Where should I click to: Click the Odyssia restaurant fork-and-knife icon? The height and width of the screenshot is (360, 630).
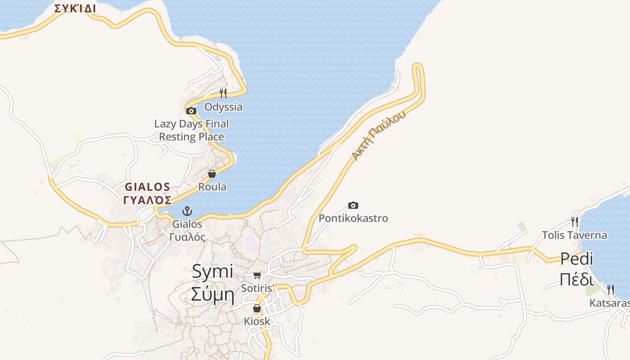(x=223, y=93)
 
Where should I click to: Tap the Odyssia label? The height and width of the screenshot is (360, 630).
(x=223, y=107)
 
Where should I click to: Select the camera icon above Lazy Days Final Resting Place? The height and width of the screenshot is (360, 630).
(x=191, y=111)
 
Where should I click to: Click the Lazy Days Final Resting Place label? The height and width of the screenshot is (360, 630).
(x=192, y=130)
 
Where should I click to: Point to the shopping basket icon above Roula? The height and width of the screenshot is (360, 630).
(x=212, y=174)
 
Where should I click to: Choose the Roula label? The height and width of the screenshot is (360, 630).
(x=212, y=187)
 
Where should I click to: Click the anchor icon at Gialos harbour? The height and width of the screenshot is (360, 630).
(x=187, y=211)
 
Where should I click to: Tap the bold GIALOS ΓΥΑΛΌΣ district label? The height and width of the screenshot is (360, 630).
(x=148, y=193)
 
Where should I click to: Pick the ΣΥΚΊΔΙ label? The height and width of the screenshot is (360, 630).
(x=75, y=9)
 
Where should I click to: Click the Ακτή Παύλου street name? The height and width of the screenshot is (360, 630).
(x=378, y=135)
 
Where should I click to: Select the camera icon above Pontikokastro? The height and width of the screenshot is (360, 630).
(x=353, y=206)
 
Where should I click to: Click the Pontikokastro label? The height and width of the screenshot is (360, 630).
(x=353, y=219)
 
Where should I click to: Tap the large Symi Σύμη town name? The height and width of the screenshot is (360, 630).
(x=213, y=283)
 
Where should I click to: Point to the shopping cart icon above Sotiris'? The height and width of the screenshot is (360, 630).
(x=257, y=275)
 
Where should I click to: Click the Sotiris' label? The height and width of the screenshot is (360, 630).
(x=258, y=288)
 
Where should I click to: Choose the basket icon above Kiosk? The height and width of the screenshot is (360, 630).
(x=256, y=308)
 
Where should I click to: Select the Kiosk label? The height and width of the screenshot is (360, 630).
(x=257, y=321)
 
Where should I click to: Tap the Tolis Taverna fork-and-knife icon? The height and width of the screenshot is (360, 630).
(x=574, y=221)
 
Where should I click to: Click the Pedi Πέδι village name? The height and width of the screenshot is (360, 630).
(x=577, y=269)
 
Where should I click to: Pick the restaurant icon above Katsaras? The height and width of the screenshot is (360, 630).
(x=610, y=289)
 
